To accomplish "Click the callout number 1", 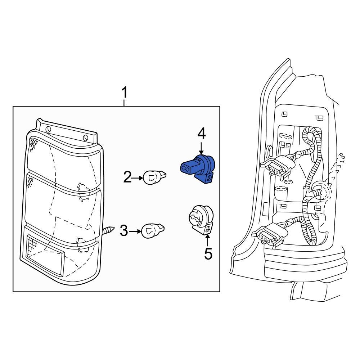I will coord(124,93).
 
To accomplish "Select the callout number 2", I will coord(128,177).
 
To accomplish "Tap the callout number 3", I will coord(124,231).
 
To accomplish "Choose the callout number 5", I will coord(208,254).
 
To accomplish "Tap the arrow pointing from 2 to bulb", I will coord(138,177).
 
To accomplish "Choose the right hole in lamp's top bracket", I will coord(85,137).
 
